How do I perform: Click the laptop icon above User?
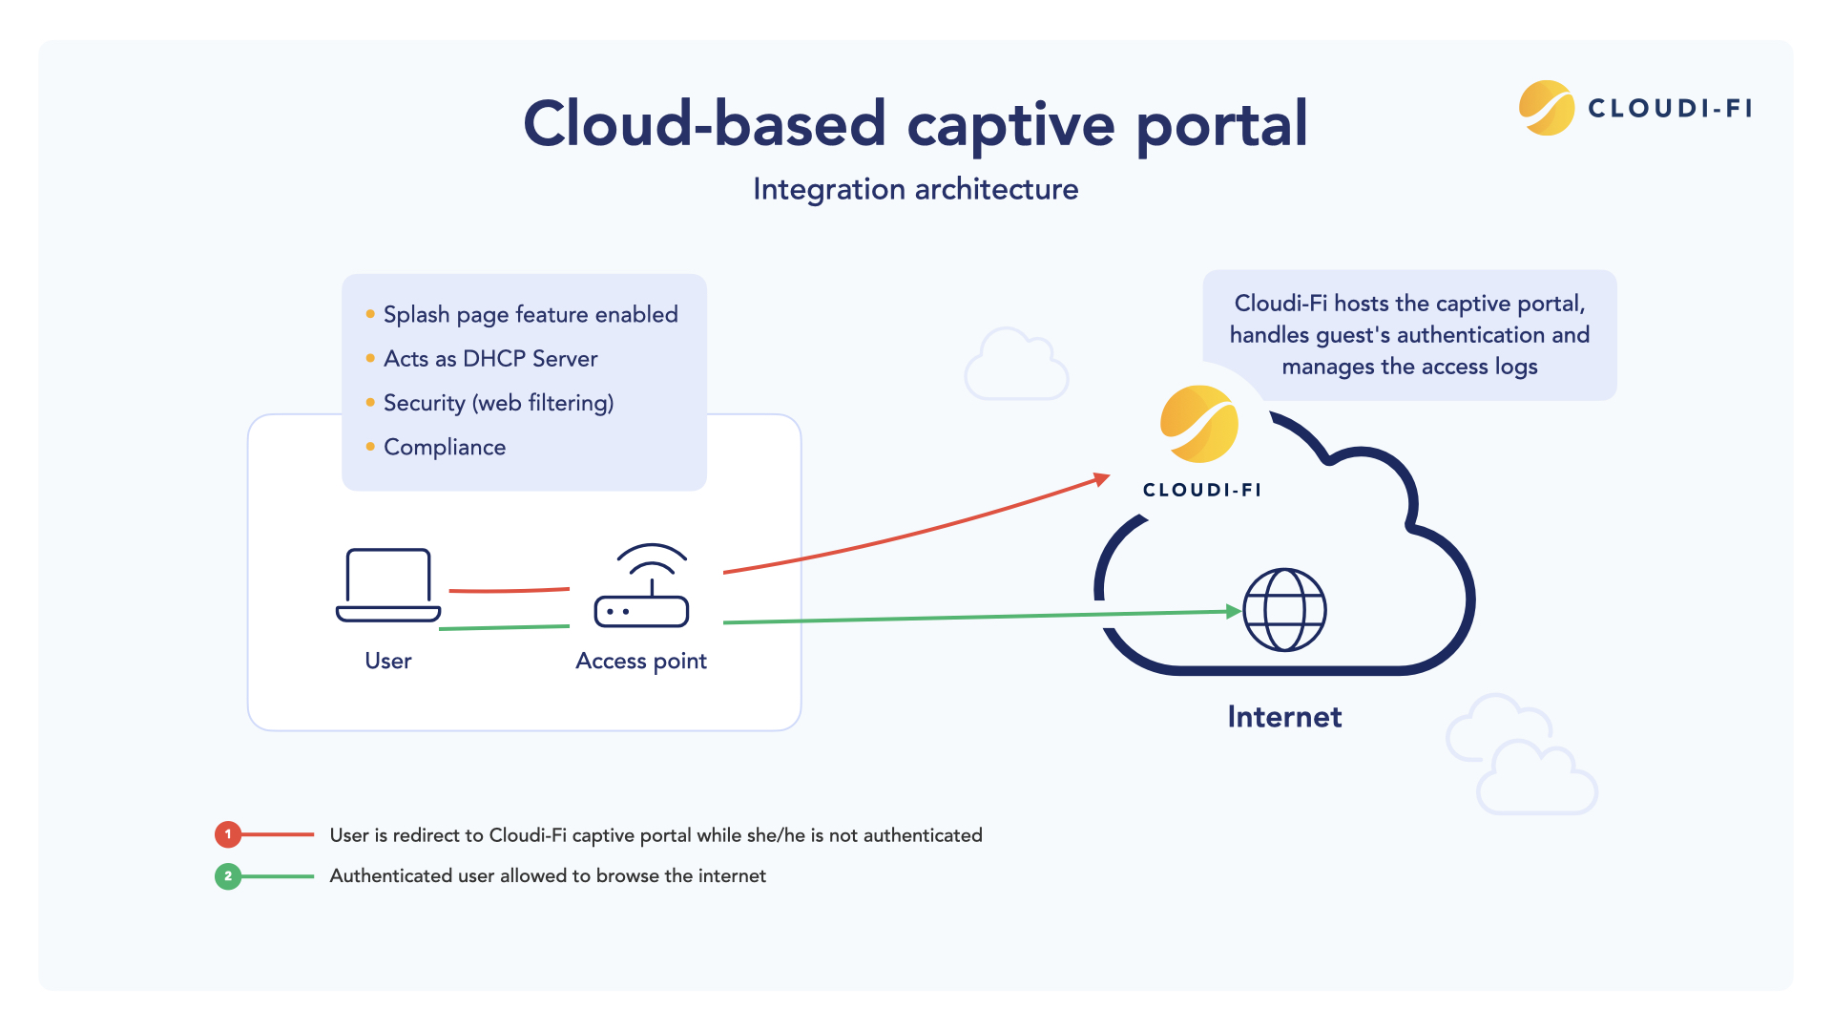click(x=388, y=585)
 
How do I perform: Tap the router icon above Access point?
click(x=641, y=588)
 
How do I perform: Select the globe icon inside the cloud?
click(x=1284, y=610)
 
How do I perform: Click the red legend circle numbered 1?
click(x=228, y=834)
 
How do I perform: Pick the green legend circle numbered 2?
click(x=228, y=875)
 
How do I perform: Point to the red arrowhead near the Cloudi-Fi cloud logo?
click(x=1102, y=479)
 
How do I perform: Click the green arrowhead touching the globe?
click(x=1234, y=611)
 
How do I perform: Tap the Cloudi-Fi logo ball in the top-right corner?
click(x=1546, y=108)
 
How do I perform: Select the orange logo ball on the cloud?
click(x=1199, y=424)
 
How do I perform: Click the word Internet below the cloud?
click(x=1284, y=717)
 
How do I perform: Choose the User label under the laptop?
click(x=388, y=661)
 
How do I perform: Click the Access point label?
click(x=641, y=661)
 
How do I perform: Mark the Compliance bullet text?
click(x=445, y=447)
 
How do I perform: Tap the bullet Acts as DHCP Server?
click(x=490, y=359)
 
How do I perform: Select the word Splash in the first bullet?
click(x=416, y=314)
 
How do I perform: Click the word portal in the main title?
click(x=1221, y=124)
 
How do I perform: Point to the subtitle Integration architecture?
click(x=915, y=189)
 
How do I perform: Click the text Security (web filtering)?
click(x=498, y=403)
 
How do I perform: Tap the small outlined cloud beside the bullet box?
click(x=1015, y=367)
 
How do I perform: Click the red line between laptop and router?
click(x=509, y=591)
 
